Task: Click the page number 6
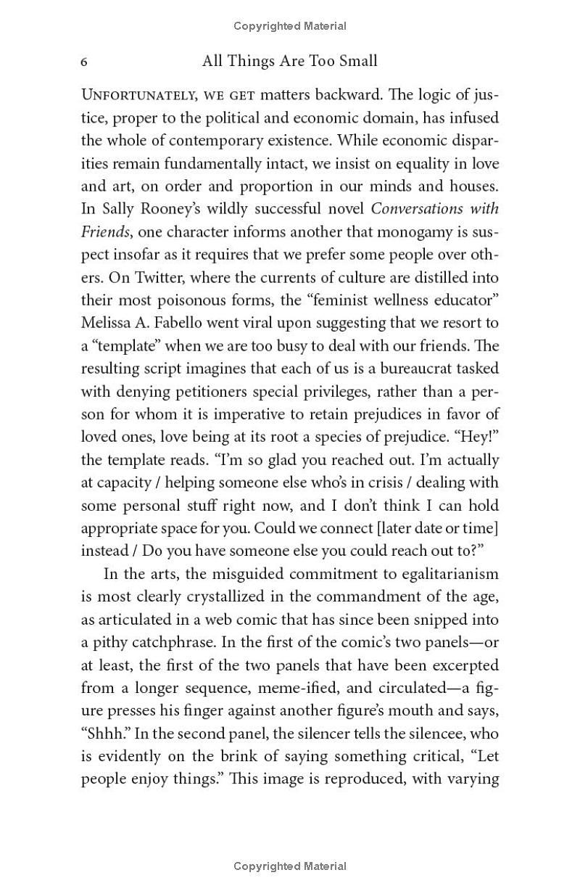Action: [84, 62]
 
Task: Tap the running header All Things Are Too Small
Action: [290, 61]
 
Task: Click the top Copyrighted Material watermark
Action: [290, 26]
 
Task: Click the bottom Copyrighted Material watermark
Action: [290, 866]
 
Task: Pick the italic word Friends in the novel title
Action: [101, 231]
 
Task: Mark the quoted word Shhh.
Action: [101, 734]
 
